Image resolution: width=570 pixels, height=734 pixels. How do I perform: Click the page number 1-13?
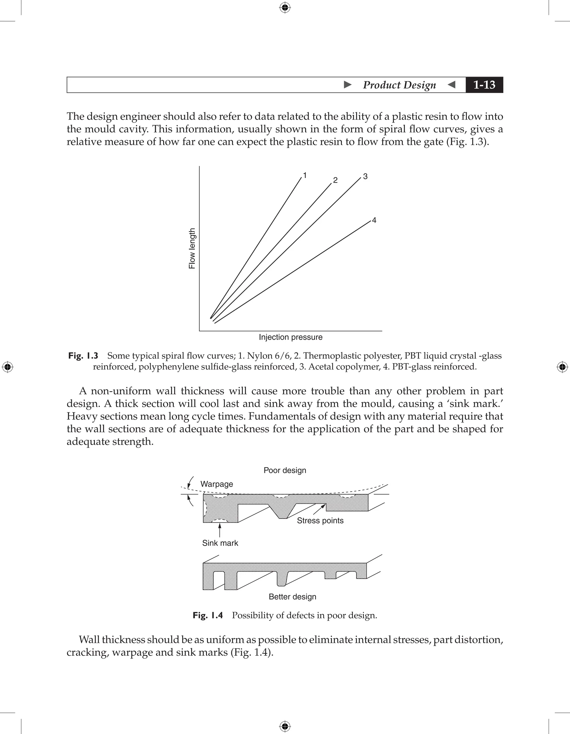pyautogui.click(x=484, y=85)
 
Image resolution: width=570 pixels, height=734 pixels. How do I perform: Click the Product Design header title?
pyautogui.click(x=399, y=85)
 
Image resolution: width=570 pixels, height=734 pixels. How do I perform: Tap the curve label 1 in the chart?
pyautogui.click(x=305, y=175)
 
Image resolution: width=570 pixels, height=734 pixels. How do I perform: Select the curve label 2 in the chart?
pyautogui.click(x=335, y=180)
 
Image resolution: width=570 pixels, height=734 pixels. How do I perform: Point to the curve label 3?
pyautogui.click(x=365, y=177)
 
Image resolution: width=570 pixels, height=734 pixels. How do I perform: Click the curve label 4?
pyautogui.click(x=374, y=221)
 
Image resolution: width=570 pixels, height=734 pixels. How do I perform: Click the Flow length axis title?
pyautogui.click(x=192, y=248)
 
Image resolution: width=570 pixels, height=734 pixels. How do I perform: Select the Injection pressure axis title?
pyautogui.click(x=291, y=337)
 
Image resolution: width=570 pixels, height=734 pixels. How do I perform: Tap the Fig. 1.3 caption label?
pyautogui.click(x=83, y=356)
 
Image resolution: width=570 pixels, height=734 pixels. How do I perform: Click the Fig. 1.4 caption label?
pyautogui.click(x=208, y=615)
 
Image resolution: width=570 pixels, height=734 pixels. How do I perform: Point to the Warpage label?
pyautogui.click(x=217, y=484)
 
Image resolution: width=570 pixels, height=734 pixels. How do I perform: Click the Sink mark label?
pyautogui.click(x=220, y=543)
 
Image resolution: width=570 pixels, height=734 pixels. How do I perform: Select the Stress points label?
pyautogui.click(x=320, y=521)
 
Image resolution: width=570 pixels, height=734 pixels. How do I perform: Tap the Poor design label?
pyautogui.click(x=285, y=470)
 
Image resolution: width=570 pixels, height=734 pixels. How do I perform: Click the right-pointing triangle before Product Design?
pyautogui.click(x=348, y=85)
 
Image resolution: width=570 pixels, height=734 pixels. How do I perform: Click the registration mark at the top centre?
pyautogui.click(x=285, y=8)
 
